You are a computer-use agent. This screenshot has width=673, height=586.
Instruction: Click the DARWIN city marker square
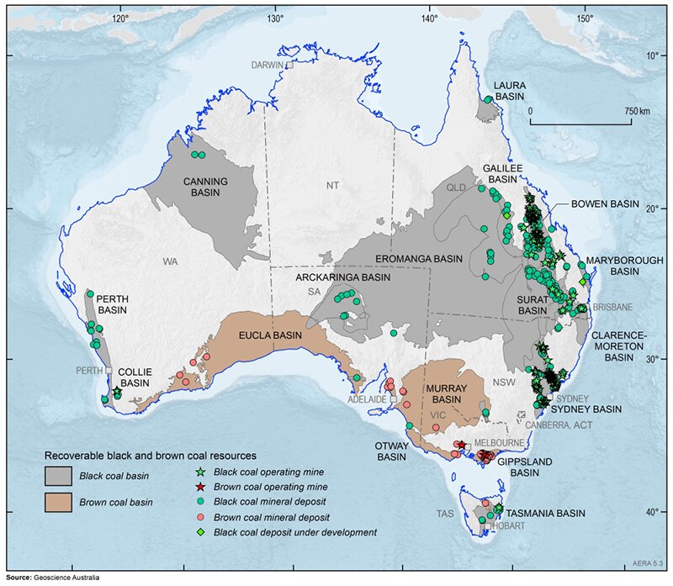point(289,64)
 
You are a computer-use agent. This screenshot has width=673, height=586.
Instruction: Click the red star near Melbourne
point(461,445)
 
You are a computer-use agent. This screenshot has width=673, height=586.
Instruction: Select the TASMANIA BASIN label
point(548,512)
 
